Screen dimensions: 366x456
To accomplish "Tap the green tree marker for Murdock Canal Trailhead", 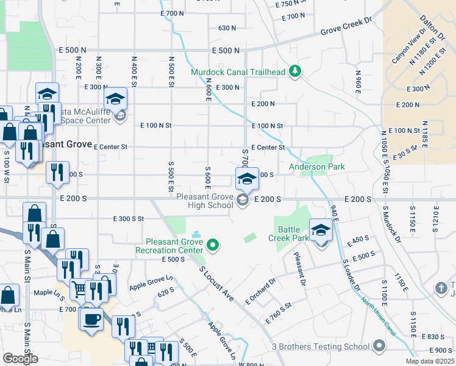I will coord(295,72).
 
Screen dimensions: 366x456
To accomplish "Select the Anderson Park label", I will coord(316,167).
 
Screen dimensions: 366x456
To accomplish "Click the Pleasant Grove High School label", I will coord(205,201).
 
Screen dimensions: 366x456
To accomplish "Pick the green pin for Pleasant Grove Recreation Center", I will coord(213,246).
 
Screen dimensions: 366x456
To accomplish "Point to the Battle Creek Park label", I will coord(293,234).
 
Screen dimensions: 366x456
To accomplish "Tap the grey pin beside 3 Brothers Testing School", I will coord(379,347).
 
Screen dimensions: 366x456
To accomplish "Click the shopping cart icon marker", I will coord(80,288).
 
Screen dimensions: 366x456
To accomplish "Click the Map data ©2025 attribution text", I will coord(430,361).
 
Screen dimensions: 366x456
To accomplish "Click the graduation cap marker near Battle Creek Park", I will coord(321,231).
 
